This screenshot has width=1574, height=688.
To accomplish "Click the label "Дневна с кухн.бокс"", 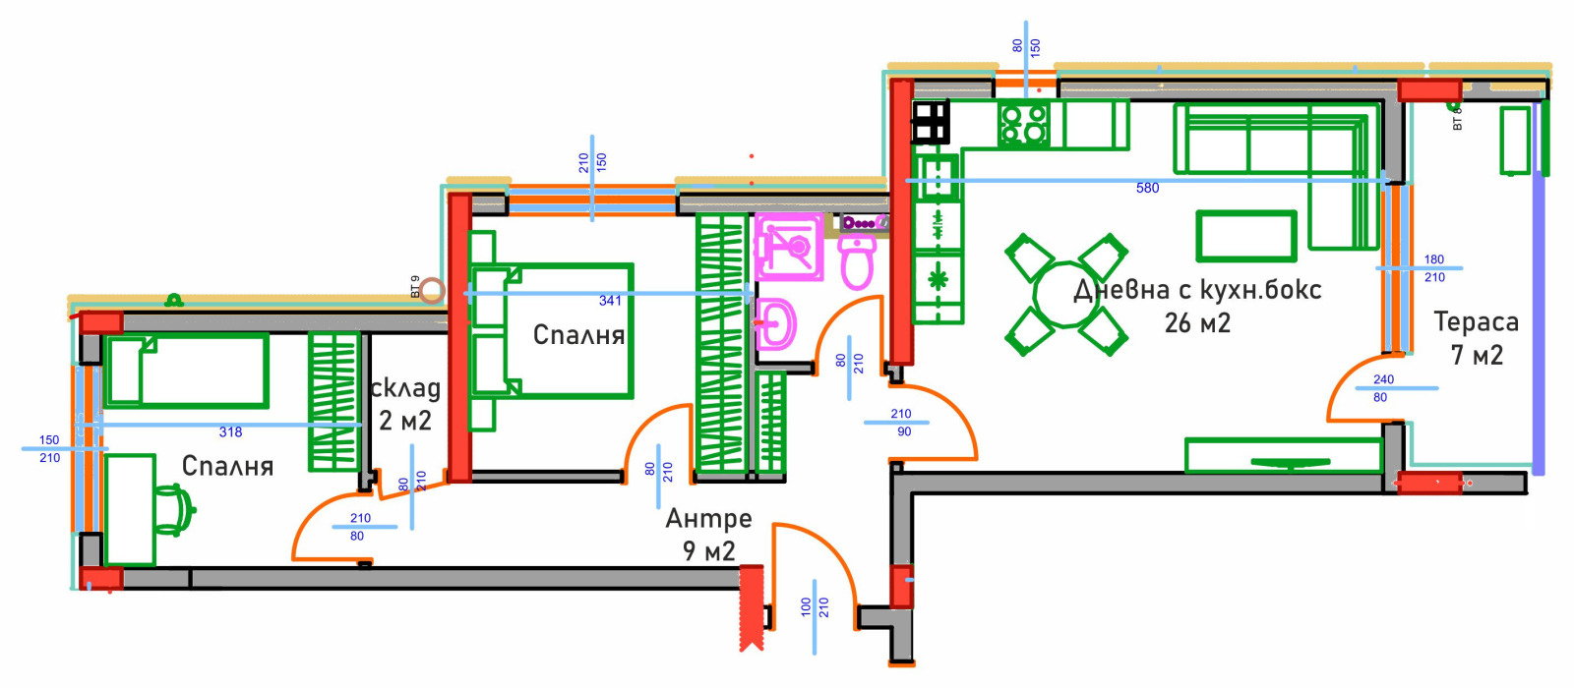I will (1196, 290).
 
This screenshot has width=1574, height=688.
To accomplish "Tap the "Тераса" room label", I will (1476, 322).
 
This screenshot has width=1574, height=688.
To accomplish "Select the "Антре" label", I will (708, 518).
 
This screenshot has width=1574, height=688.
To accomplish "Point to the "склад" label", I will (405, 388).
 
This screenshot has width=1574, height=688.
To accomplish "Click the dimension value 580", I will (1147, 188).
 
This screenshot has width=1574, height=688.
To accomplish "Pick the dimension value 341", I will (610, 301).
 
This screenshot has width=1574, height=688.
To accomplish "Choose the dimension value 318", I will (230, 431).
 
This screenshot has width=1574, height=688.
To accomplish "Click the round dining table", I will (1065, 294).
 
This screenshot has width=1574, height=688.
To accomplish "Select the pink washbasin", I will (775, 323).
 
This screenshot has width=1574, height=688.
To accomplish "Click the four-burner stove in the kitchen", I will (1024, 125).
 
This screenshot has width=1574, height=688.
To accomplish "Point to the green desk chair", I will (173, 511).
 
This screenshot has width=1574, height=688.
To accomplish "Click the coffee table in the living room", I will (1246, 237).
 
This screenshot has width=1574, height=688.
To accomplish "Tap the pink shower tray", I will (789, 246).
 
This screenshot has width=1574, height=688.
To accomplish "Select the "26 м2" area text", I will (1197, 323).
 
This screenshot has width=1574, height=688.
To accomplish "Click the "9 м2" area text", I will (708, 550).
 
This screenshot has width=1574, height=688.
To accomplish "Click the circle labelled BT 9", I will (432, 290).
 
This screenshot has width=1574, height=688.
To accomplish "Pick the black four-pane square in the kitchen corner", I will (931, 123).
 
